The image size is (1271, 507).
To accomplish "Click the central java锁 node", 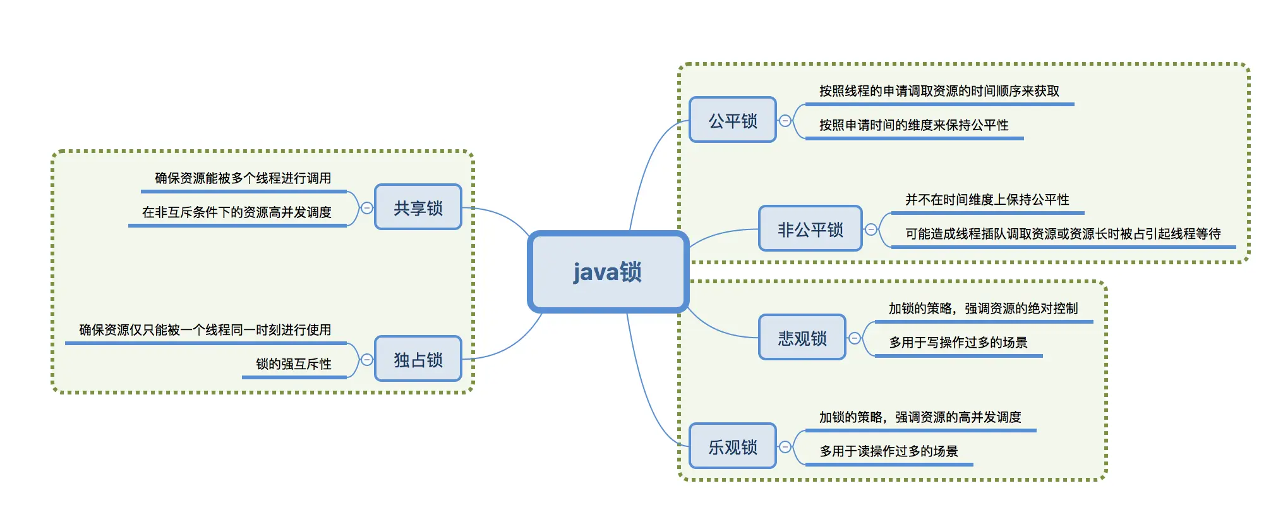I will pyautogui.click(x=608, y=272).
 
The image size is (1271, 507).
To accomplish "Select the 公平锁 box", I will pyautogui.click(x=732, y=120).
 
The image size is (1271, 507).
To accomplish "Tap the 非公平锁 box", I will pyautogui.click(x=810, y=229).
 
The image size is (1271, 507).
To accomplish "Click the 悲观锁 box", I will pyautogui.click(x=802, y=338).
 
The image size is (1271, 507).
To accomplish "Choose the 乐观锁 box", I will pyautogui.click(x=732, y=446).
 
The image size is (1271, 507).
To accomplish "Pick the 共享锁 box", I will pyautogui.click(x=418, y=207).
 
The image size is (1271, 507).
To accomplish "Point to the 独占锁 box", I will pyautogui.click(x=418, y=359).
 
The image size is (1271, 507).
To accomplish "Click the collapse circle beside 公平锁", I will pyautogui.click(x=785, y=120).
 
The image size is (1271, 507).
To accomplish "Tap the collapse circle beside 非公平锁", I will pyautogui.click(x=870, y=229).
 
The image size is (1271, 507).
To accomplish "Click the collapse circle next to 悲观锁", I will pyautogui.click(x=854, y=338).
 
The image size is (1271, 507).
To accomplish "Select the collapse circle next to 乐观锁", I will pyautogui.click(x=785, y=446).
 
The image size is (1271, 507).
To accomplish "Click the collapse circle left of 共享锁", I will pyautogui.click(x=366, y=207).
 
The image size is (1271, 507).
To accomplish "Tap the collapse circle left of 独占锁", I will pyautogui.click(x=366, y=359).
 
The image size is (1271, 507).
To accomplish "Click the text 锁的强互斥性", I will pyautogui.click(x=294, y=364).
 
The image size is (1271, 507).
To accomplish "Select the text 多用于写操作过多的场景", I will pyautogui.click(x=958, y=343).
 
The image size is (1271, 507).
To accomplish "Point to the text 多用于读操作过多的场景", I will pyautogui.click(x=889, y=451).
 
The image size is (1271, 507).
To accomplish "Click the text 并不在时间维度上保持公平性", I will pyautogui.click(x=987, y=200).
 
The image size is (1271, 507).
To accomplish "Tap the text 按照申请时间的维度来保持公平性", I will pyautogui.click(x=913, y=125).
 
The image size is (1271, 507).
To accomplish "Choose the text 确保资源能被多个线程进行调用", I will pyautogui.click(x=243, y=178).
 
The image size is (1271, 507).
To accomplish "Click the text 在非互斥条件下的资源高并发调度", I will pyautogui.click(x=237, y=212).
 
